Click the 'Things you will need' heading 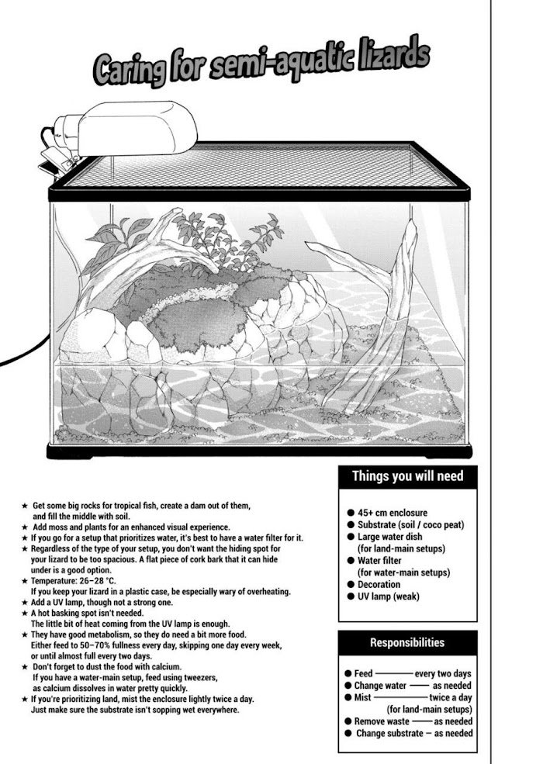tap(407, 476)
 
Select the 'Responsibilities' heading tap(407, 642)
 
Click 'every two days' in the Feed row tap(443, 674)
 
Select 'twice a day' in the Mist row tap(451, 697)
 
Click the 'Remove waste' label tap(380, 721)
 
